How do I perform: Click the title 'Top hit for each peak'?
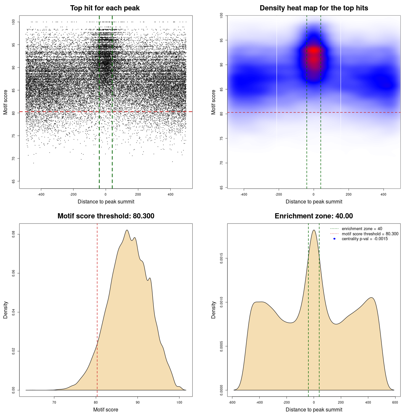105,8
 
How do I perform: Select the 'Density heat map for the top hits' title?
314,8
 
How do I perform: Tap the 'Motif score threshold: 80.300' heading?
106,216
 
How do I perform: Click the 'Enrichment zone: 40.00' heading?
314,216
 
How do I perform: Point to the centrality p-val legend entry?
365,239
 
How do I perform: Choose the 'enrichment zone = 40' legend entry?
362,229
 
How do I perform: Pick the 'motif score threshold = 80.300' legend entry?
370,234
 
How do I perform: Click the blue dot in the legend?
334,239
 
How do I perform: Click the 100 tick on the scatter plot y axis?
14,22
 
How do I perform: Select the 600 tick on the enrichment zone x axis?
395,402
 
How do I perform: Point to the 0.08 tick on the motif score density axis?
14,234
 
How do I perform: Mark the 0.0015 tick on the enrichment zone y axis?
222,258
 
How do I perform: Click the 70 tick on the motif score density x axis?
54,402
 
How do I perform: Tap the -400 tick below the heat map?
244,194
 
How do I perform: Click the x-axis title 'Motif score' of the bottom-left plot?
106,409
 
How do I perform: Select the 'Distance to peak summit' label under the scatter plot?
106,201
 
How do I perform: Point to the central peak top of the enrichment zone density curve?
314,230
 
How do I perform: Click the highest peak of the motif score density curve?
127,230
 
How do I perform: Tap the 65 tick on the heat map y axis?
222,188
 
